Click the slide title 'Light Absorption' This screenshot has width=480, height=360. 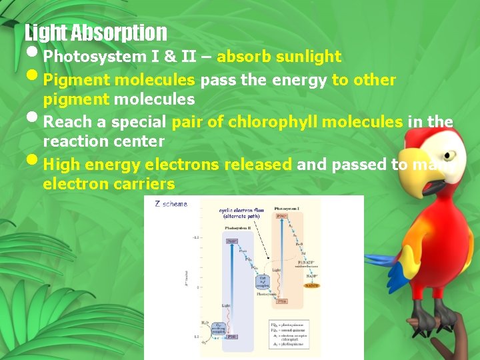[x=95, y=32]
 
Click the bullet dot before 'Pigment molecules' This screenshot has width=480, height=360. [x=33, y=78]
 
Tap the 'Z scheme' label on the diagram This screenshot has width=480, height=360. [x=171, y=204]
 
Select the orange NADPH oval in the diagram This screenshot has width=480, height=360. [x=310, y=285]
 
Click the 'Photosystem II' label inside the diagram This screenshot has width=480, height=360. [x=237, y=227]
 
